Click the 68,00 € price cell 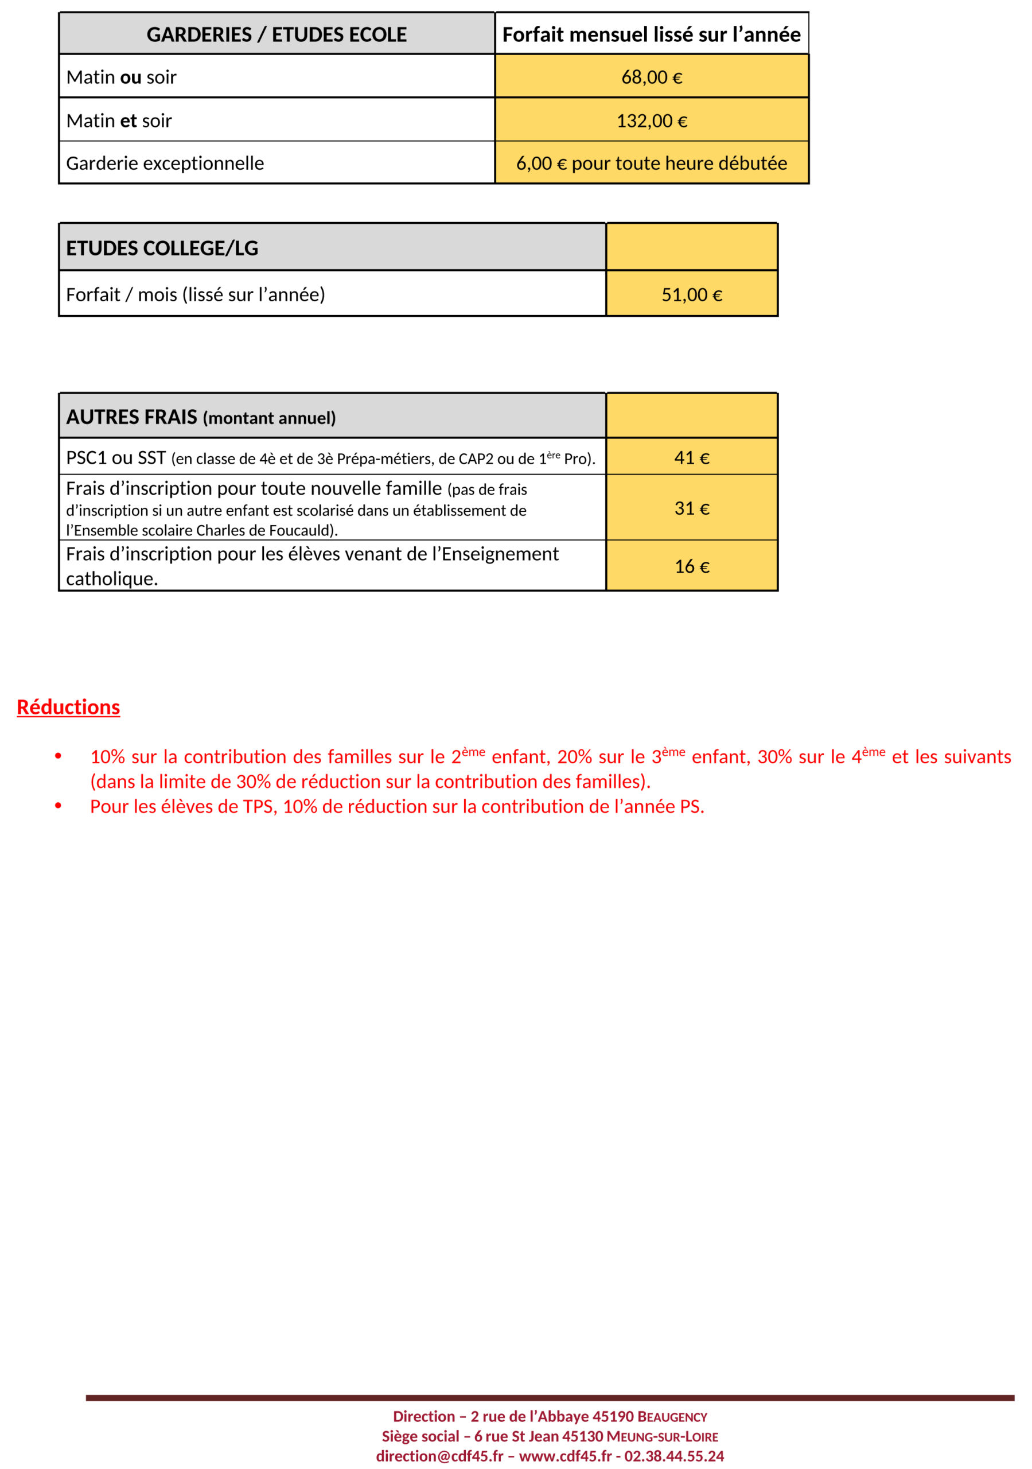[x=651, y=77]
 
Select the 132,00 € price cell [x=651, y=121]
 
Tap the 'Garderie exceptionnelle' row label [x=165, y=163]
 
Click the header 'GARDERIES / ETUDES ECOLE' [x=277, y=34]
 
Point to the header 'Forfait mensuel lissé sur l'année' [x=651, y=34]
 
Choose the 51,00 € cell [x=692, y=295]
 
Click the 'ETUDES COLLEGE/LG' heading [x=162, y=248]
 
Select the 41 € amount [x=692, y=457]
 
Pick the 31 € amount [x=692, y=508]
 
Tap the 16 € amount [x=692, y=566]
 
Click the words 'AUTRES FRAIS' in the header [x=132, y=417]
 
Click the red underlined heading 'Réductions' [x=68, y=707]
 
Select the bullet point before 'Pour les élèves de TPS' [x=58, y=806]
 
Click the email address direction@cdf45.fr [x=439, y=1456]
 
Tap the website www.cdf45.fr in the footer [x=565, y=1456]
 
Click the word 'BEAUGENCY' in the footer [x=672, y=1417]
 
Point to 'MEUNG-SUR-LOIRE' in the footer [x=662, y=1436]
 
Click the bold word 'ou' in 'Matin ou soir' [x=131, y=77]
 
